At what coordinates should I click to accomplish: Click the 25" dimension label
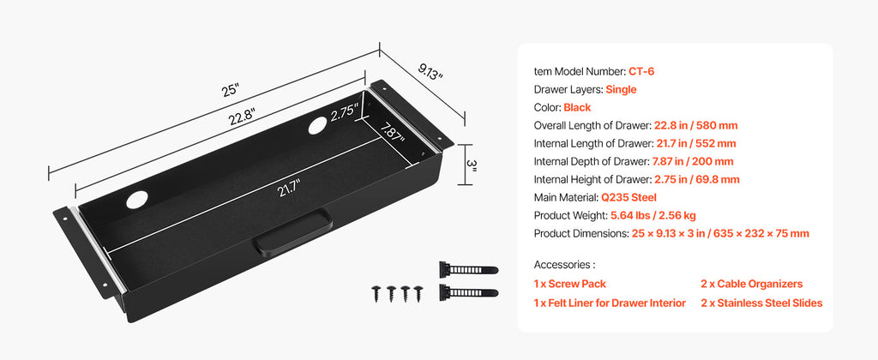pyautogui.click(x=230, y=89)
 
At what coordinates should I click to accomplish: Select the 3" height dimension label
pyautogui.click(x=471, y=165)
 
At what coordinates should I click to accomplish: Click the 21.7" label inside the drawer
pyautogui.click(x=255, y=189)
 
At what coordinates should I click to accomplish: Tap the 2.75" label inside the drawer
pyautogui.click(x=344, y=112)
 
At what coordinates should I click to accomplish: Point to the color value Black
pyautogui.click(x=578, y=107)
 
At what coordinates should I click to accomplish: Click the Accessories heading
pyautogui.click(x=564, y=265)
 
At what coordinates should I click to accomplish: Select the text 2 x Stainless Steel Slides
pyautogui.click(x=761, y=303)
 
